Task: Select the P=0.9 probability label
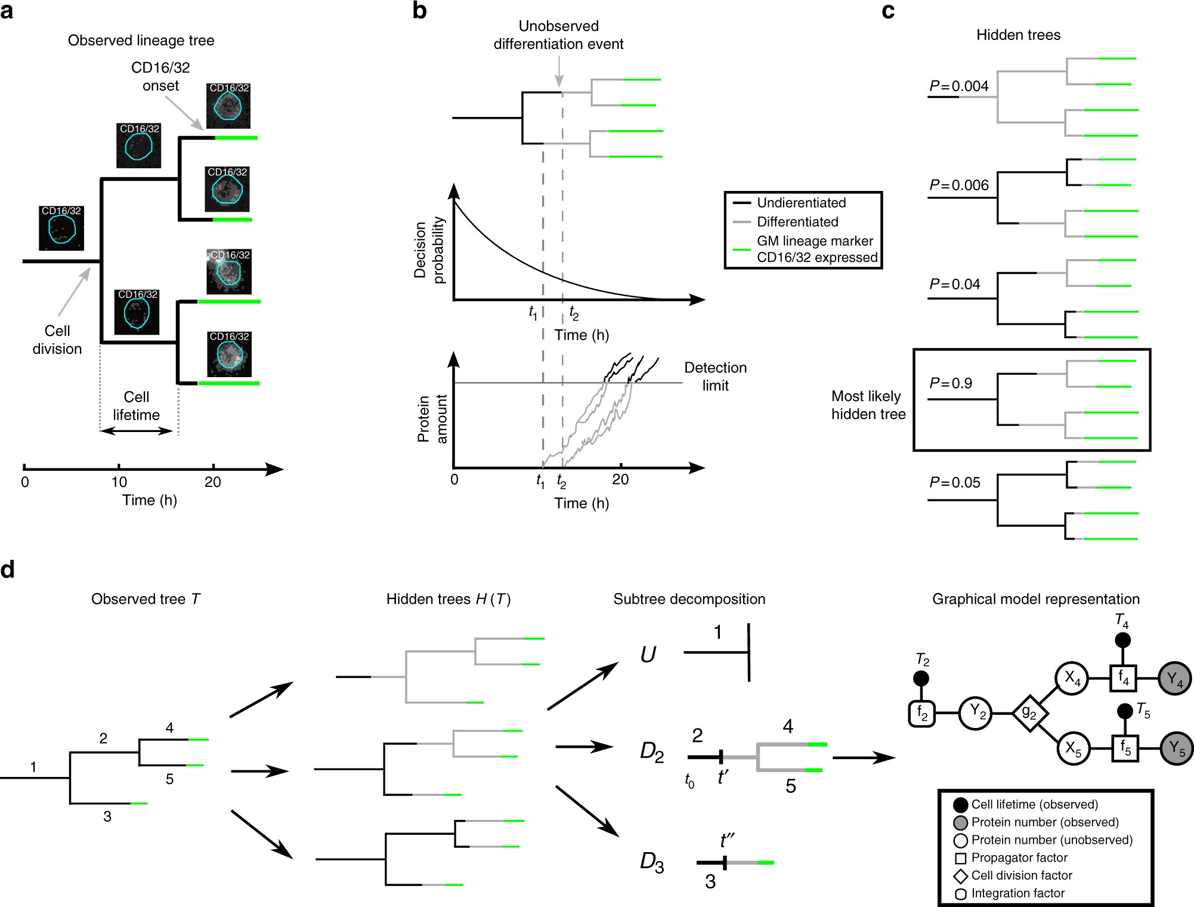point(951,383)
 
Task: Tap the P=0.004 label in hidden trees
point(959,86)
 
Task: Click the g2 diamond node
point(1030,713)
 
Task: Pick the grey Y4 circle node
point(1175,678)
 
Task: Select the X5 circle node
point(1073,748)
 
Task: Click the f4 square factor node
point(1124,678)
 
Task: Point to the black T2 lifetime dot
point(921,678)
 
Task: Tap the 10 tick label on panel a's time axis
point(119,482)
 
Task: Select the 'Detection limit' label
point(715,377)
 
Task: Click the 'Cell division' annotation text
point(57,340)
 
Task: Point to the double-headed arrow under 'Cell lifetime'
point(137,431)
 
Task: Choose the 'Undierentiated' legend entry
point(802,203)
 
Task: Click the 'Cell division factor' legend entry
point(1022,875)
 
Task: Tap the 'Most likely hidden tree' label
point(868,405)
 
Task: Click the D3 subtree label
point(652,862)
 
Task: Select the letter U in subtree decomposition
point(648,655)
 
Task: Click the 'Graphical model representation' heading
point(1036,599)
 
